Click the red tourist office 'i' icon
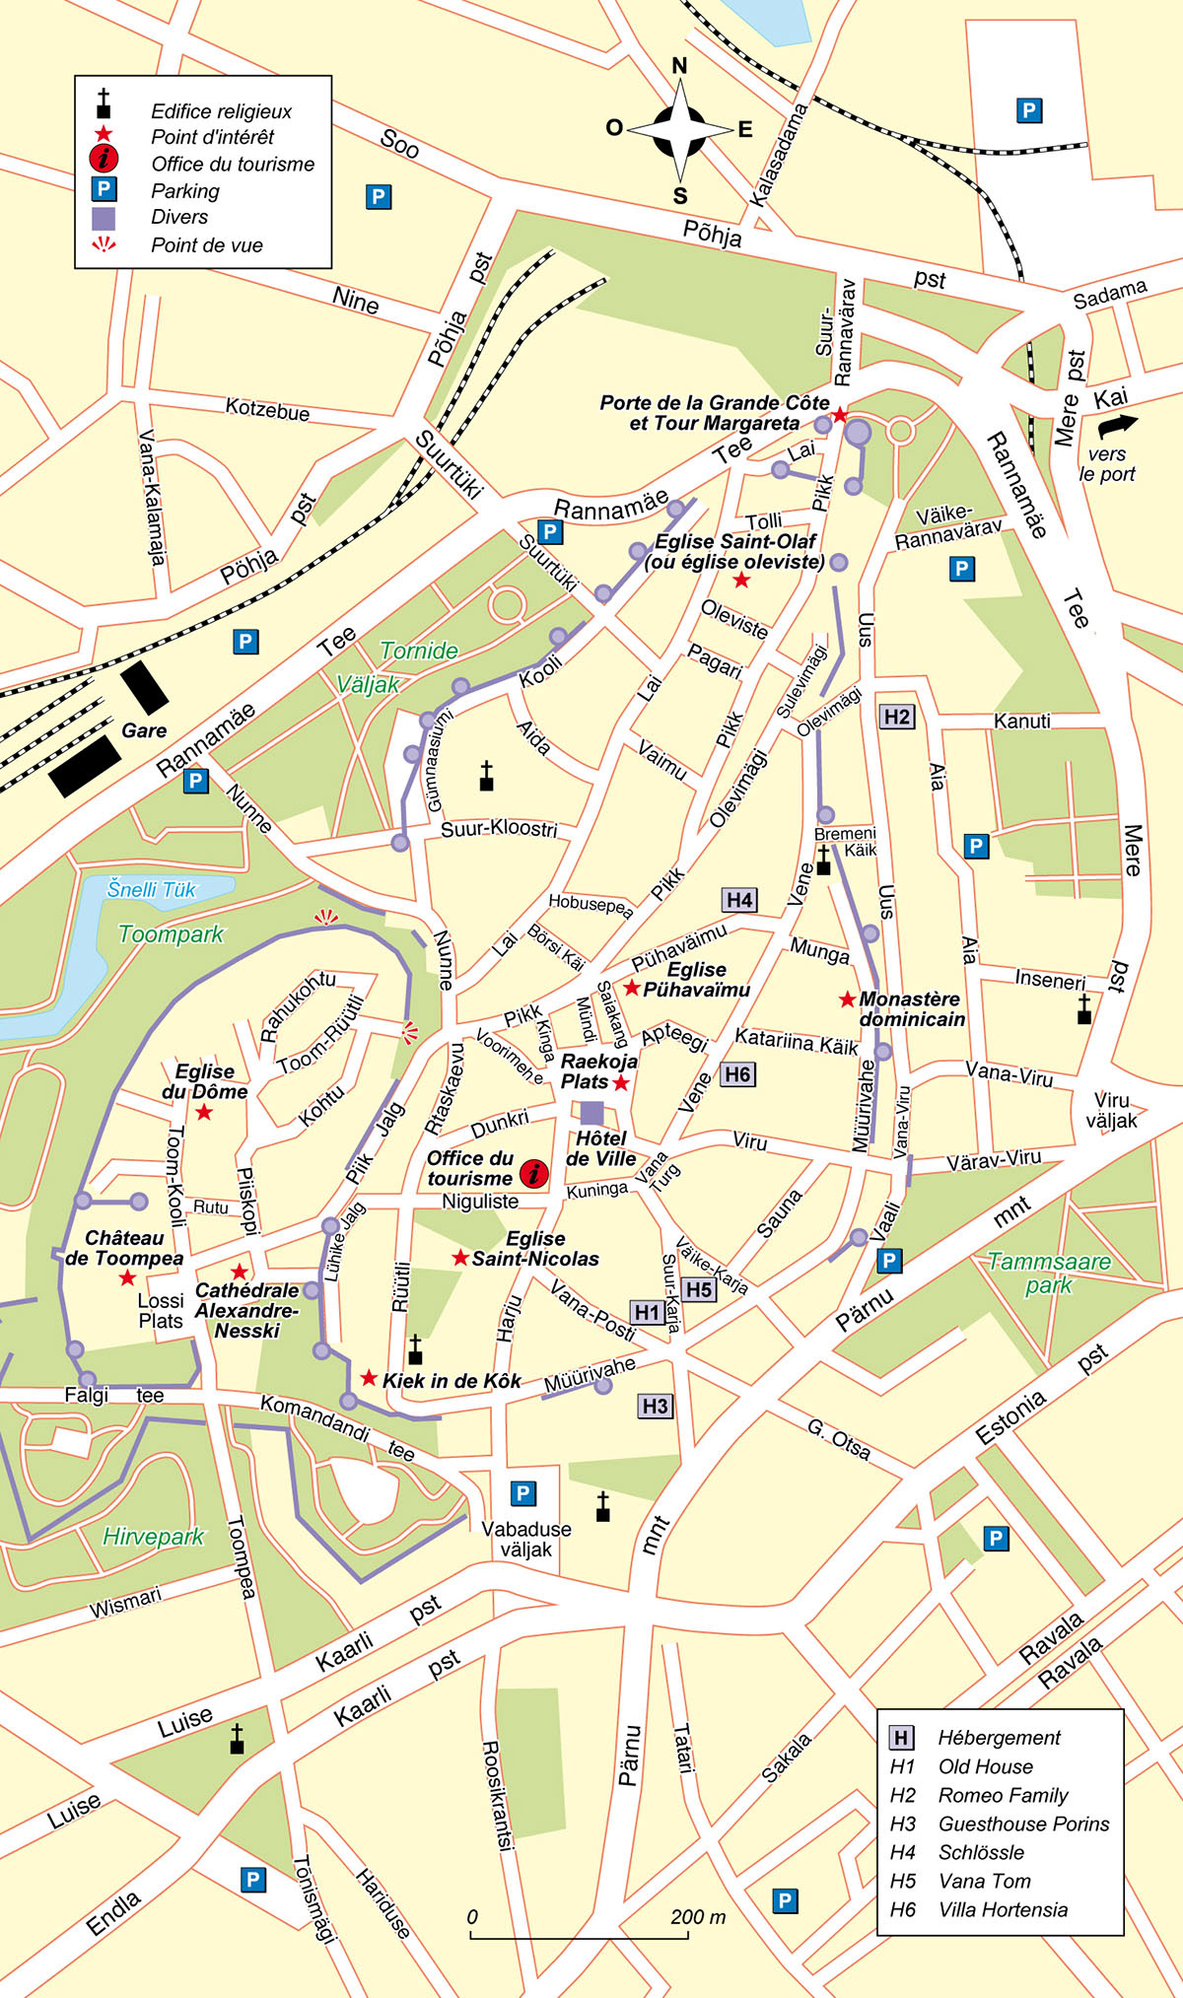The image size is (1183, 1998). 533,1173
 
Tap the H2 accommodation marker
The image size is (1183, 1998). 897,717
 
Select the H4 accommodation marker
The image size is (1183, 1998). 739,899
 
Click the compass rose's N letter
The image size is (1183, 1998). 679,66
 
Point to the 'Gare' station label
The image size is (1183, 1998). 144,730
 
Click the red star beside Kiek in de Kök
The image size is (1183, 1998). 369,1377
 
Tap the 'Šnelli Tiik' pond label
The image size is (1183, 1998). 152,889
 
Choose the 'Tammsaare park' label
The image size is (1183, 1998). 1049,1273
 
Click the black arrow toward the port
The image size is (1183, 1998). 1117,425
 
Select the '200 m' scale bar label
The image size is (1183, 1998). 698,1916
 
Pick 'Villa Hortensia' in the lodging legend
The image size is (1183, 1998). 1003,1909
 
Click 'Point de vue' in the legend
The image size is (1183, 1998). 206,244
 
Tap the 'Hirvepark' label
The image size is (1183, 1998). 154,1536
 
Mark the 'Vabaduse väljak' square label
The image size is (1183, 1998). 526,1539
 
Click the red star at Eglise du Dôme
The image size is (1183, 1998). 204,1112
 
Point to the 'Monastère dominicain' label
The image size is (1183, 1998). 912,1008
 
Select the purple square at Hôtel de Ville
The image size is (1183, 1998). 591,1113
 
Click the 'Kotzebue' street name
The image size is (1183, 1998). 267,409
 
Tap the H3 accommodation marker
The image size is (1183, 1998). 656,1406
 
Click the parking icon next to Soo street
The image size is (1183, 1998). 378,196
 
